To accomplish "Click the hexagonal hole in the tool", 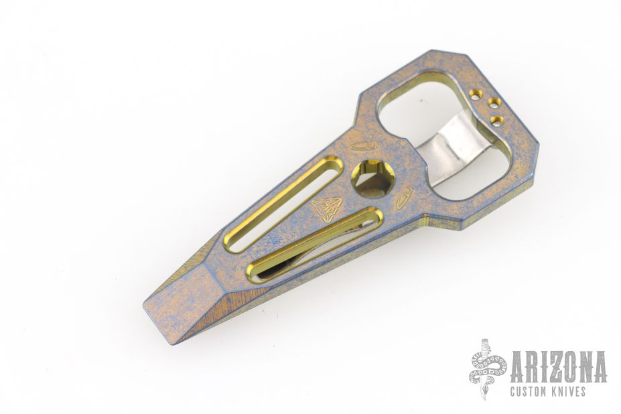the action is tap(372, 179).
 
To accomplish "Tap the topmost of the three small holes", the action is tap(475, 94).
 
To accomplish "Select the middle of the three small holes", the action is tap(493, 104).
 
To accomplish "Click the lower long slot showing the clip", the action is tap(315, 244).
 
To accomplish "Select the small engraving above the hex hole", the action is tap(364, 146).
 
